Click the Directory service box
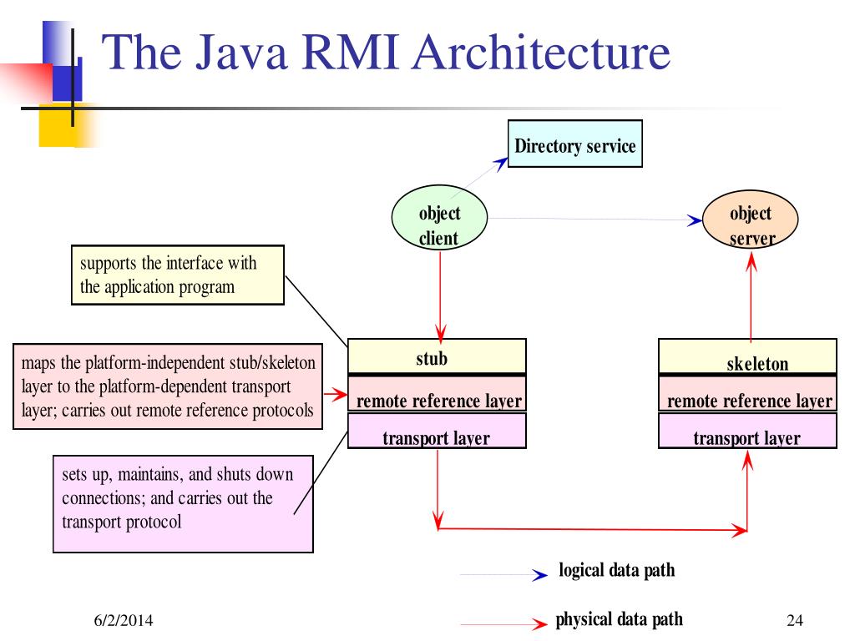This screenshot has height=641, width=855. click(574, 144)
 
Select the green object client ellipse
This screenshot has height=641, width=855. click(439, 218)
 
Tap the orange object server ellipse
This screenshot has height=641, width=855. click(751, 219)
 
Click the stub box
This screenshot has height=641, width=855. click(437, 356)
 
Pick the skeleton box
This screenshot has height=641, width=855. click(747, 356)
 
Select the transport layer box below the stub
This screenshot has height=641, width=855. click(437, 431)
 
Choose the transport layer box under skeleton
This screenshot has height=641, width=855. click(747, 431)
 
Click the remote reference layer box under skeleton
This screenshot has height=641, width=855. click(747, 394)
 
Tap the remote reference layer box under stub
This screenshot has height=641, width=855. click(437, 394)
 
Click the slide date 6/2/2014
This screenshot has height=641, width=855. click(124, 620)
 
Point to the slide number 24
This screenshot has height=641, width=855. click(795, 620)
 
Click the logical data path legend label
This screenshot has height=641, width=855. click(617, 570)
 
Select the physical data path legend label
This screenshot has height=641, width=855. click(619, 620)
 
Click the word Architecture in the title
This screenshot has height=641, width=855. click(541, 53)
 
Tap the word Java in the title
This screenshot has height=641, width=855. click(241, 53)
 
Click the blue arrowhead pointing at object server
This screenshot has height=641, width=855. click(695, 220)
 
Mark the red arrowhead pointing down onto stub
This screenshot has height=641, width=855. click(441, 332)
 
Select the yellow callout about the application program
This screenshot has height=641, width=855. click(178, 275)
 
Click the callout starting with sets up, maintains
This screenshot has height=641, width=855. click(183, 504)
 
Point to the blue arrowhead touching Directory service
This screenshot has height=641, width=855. click(501, 164)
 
